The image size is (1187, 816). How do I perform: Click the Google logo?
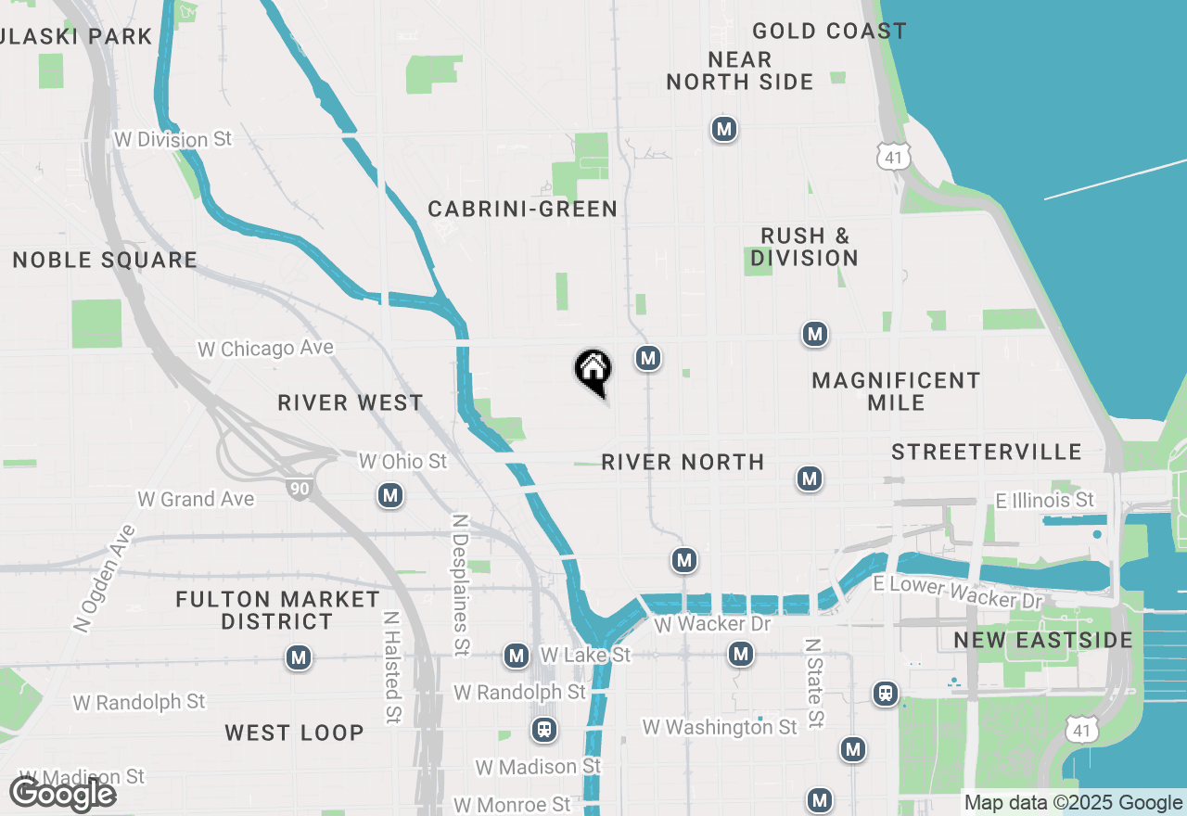pos(62,795)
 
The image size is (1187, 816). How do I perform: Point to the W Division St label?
pos(172,139)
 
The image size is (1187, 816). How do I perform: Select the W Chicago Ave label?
pos(265,349)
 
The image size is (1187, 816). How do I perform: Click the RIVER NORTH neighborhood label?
pos(683,462)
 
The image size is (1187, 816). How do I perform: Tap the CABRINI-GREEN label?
pos(522,210)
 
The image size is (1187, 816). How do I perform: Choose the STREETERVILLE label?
pos(987,452)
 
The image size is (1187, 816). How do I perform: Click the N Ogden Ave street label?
pos(101,580)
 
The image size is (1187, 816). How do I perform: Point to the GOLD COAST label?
pos(829,32)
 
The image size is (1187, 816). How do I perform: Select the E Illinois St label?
pos(1044,501)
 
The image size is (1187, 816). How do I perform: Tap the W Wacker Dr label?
pos(713,624)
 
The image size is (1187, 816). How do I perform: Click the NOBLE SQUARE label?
pos(105,261)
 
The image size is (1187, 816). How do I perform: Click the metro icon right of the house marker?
pos(648,358)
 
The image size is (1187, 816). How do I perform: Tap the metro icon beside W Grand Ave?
pos(390,496)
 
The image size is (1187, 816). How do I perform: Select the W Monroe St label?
pos(512,804)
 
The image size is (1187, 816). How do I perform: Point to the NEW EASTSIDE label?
pos(1043,641)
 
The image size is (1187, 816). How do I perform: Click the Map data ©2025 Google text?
pos(1073,803)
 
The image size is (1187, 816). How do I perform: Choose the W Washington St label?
pos(720,727)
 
